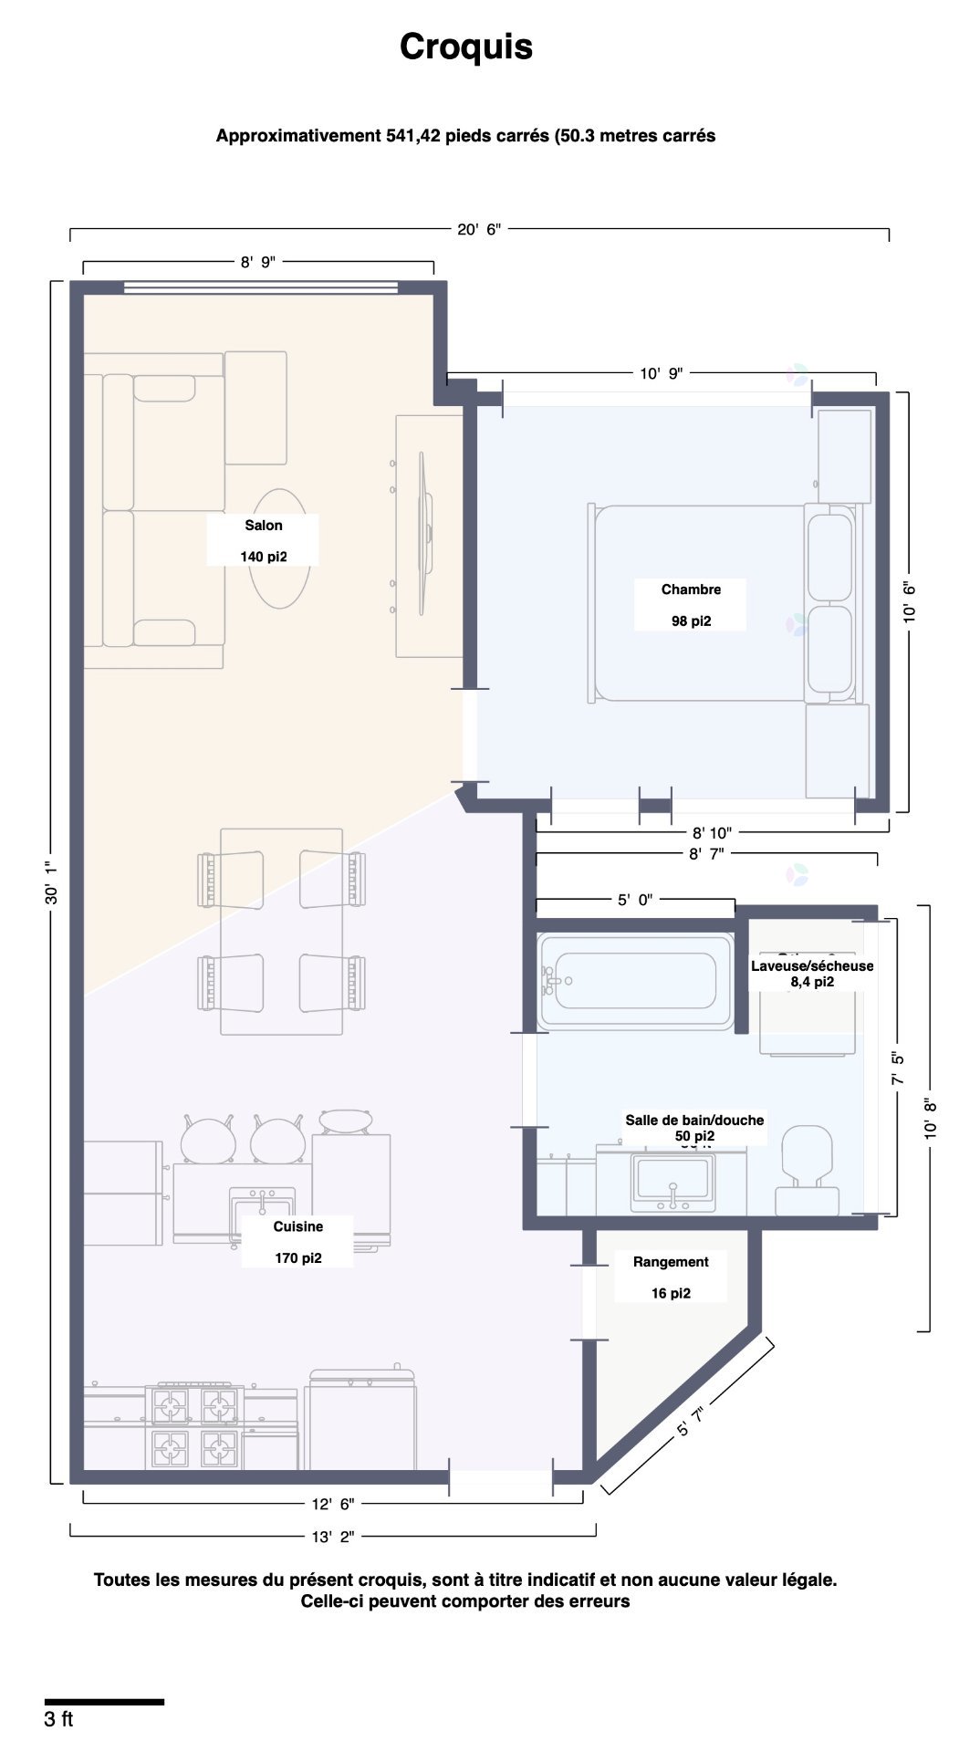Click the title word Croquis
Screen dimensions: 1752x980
point(465,47)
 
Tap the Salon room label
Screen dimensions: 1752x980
point(263,526)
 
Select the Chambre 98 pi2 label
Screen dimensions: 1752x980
point(691,604)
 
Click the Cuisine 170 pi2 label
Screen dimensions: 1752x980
point(297,1242)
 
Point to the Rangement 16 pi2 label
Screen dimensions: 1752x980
point(671,1277)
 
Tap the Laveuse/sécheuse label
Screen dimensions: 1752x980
point(811,966)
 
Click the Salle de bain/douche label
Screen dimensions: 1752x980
point(693,1121)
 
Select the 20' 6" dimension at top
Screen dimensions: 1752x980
point(478,230)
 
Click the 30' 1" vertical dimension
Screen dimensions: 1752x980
point(52,882)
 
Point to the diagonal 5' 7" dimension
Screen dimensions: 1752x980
point(691,1422)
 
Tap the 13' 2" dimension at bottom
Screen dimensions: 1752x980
point(332,1537)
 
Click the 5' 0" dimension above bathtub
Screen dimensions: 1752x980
point(634,900)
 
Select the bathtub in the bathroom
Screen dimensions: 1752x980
point(636,981)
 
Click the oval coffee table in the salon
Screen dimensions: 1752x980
point(279,548)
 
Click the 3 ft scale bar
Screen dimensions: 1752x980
point(104,1702)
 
